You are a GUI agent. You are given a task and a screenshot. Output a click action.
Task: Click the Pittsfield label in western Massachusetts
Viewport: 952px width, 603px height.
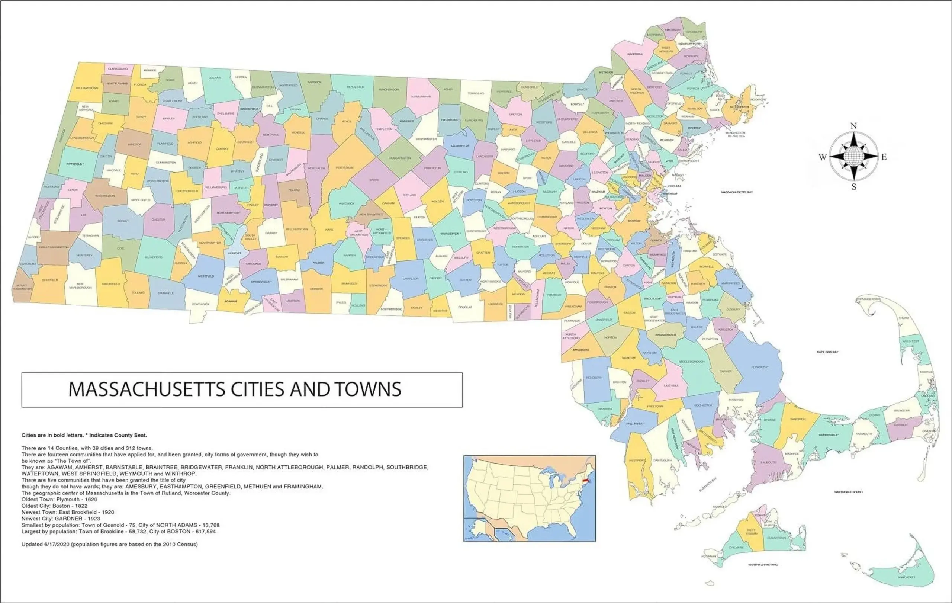pyautogui.click(x=75, y=164)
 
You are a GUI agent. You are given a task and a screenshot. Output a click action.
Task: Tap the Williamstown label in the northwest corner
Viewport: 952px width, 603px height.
pyautogui.click(x=87, y=88)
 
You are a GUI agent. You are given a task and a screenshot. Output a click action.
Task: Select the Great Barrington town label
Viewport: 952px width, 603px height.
pyautogui.click(x=54, y=247)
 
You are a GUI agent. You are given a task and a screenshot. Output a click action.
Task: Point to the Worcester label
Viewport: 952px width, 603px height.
pyautogui.click(x=450, y=234)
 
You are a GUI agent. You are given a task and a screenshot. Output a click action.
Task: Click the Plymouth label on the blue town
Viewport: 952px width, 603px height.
pyautogui.click(x=759, y=367)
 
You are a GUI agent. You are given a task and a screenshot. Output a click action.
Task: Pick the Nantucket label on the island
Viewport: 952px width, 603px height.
pyautogui.click(x=906, y=577)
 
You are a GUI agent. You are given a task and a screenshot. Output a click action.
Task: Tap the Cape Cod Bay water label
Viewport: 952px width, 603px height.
pyautogui.click(x=827, y=352)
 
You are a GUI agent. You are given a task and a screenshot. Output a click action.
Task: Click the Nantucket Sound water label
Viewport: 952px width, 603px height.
pyautogui.click(x=848, y=492)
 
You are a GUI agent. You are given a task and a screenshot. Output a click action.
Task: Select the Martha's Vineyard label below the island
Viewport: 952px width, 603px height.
pyautogui.click(x=763, y=565)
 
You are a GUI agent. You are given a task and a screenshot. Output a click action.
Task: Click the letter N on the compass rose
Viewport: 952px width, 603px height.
pyautogui.click(x=853, y=126)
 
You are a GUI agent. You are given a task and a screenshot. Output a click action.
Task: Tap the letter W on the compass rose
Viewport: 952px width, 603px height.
pyautogui.click(x=823, y=157)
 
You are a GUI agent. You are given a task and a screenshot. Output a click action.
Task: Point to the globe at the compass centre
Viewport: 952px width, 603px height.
pyautogui.click(x=853, y=156)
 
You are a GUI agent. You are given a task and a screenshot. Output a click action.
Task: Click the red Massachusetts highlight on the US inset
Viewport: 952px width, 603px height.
pyautogui.click(x=586, y=482)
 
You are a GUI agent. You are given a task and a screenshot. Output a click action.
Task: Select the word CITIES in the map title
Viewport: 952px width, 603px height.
pyautogui.click(x=258, y=389)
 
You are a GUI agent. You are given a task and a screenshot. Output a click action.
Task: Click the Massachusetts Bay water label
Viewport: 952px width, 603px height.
pyautogui.click(x=737, y=192)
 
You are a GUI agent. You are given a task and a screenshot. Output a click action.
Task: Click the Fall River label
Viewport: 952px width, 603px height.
pyautogui.click(x=635, y=423)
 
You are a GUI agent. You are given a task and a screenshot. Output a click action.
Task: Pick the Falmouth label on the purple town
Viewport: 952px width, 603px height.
pyautogui.click(x=769, y=462)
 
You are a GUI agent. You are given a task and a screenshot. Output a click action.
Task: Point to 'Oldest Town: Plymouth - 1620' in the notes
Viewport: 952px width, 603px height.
pyautogui.click(x=59, y=500)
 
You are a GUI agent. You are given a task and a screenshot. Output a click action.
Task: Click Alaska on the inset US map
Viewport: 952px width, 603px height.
pyautogui.click(x=479, y=530)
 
